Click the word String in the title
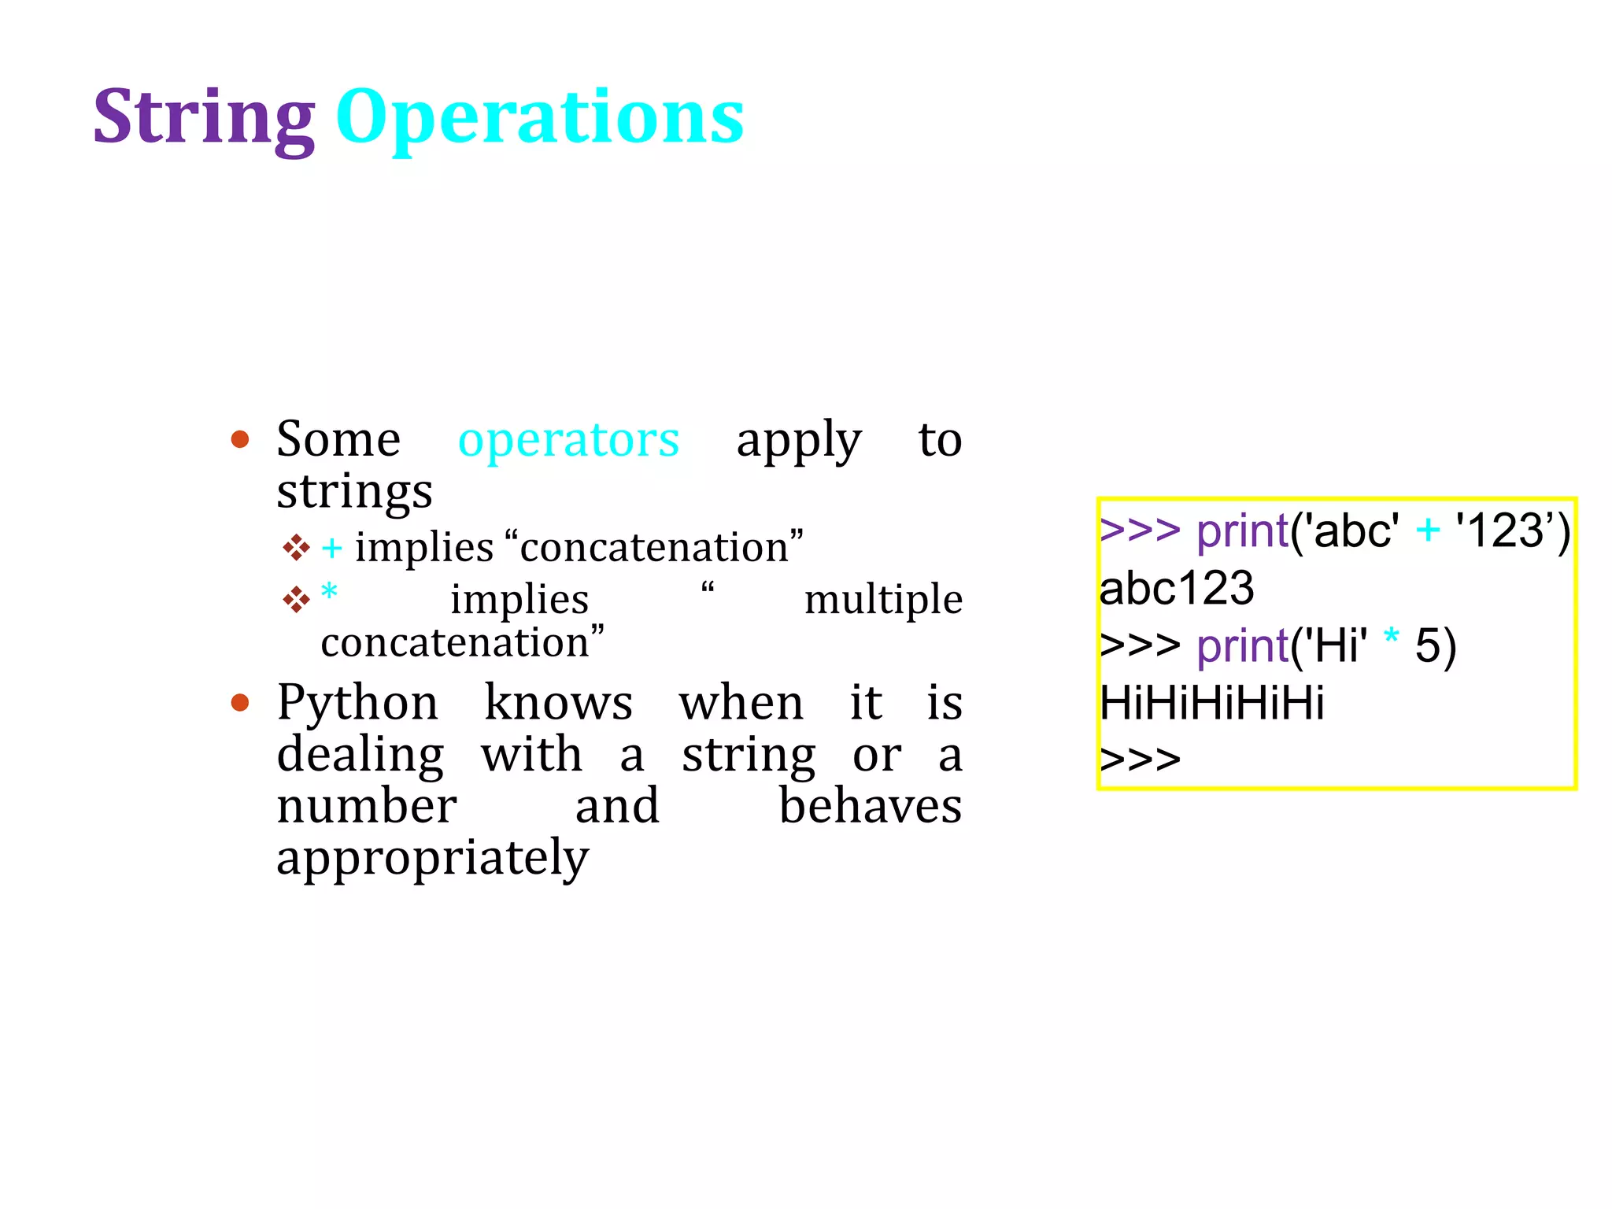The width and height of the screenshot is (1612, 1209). [x=204, y=118]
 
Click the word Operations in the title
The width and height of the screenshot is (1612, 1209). [x=540, y=118]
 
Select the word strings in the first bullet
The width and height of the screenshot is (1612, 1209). [x=354, y=492]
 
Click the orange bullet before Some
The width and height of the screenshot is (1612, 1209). [x=240, y=439]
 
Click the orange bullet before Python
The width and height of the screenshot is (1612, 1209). [x=240, y=702]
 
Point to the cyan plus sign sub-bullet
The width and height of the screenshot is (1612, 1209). [x=332, y=548]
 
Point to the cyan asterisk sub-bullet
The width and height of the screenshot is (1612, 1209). [x=330, y=592]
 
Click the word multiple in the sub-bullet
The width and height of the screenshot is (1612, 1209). [x=883, y=600]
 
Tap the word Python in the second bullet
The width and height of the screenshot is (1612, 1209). [x=357, y=702]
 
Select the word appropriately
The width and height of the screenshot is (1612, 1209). [x=432, y=858]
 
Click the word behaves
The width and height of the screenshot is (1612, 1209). [x=870, y=807]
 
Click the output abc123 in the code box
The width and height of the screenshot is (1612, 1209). [x=1176, y=588]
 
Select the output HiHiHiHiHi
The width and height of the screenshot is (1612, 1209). [x=1211, y=703]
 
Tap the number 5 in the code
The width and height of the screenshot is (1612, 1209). [x=1427, y=646]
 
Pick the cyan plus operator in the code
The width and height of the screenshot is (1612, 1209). [x=1427, y=531]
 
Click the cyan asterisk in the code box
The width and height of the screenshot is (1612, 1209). [x=1392, y=638]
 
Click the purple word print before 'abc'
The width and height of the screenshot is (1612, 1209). [x=1242, y=532]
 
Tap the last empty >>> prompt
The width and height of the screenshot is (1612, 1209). [x=1140, y=760]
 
